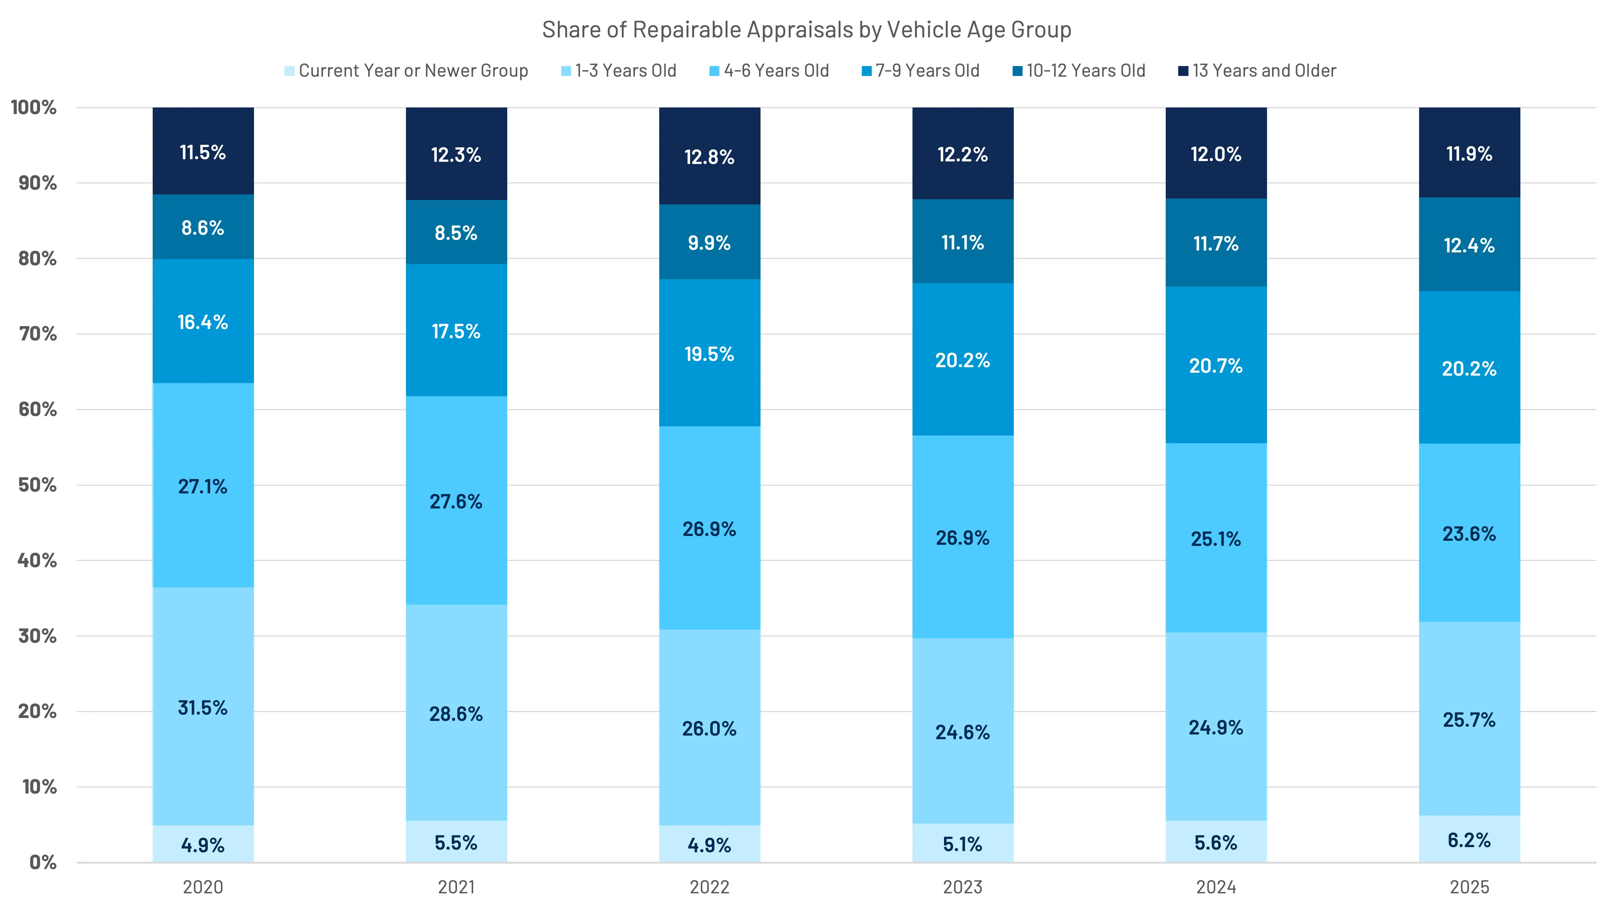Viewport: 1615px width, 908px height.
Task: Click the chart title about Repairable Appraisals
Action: [806, 29]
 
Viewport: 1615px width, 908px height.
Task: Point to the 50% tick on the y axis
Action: [37, 485]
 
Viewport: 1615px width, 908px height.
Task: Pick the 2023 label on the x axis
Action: [962, 887]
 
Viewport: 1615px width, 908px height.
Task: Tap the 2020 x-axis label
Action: [203, 887]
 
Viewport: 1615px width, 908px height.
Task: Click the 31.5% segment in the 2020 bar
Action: [203, 707]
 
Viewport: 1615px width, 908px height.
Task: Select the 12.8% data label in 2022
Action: [709, 157]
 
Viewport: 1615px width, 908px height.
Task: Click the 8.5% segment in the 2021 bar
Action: [456, 233]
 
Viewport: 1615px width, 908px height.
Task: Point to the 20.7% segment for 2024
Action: [1216, 365]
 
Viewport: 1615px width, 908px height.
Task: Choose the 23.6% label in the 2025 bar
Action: [1469, 534]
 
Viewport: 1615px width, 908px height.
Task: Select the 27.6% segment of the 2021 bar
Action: [456, 501]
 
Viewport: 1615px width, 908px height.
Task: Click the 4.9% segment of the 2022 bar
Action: [709, 845]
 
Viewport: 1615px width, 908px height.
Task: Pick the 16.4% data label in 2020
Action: [203, 322]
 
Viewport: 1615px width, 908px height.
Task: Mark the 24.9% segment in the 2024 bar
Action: [1216, 727]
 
